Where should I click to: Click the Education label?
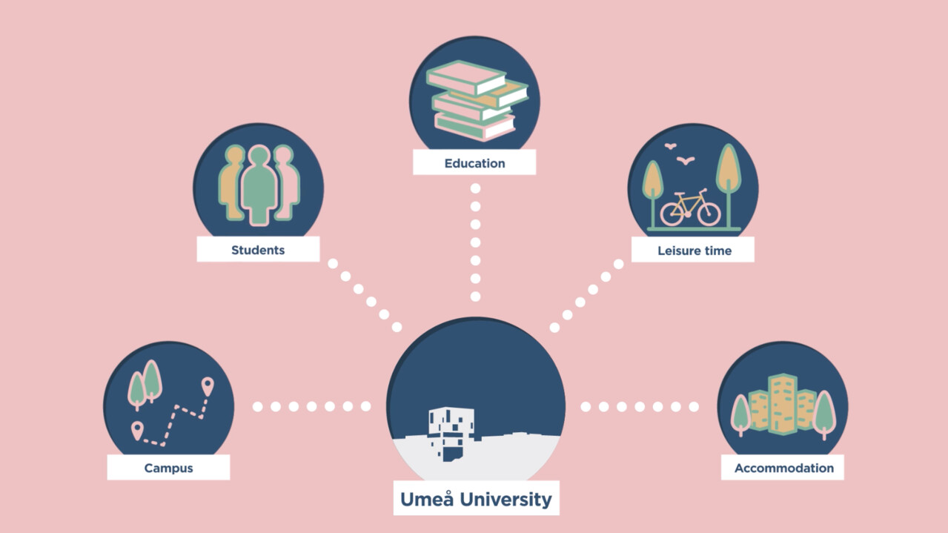[x=474, y=163]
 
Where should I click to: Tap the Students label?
[x=258, y=250]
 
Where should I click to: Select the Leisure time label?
[x=694, y=251]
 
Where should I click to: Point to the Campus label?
[x=168, y=468]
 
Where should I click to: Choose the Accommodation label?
[x=783, y=468]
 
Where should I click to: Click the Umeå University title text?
[x=476, y=499]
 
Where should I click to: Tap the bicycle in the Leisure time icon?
[x=690, y=208]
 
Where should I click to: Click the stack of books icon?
[x=475, y=100]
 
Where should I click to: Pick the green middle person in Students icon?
[x=258, y=185]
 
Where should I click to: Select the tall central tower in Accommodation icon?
[x=782, y=403]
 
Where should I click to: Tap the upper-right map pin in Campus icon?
[x=208, y=385]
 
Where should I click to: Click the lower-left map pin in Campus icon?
[x=136, y=430]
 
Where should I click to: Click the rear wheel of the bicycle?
[x=672, y=213]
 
